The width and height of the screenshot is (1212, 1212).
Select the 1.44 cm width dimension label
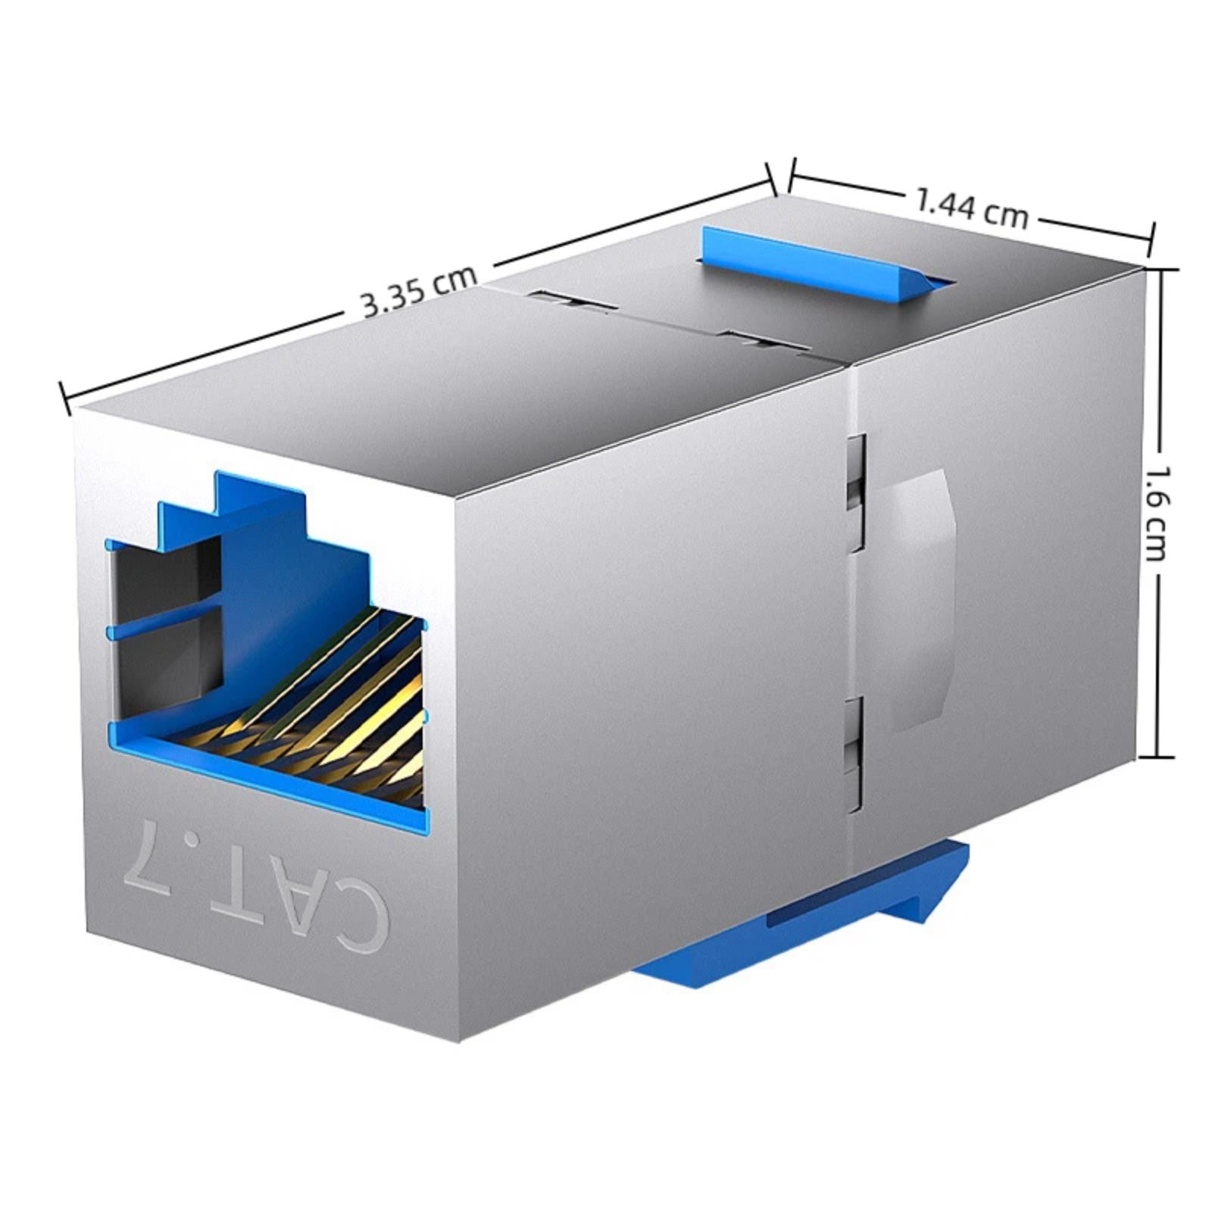972,208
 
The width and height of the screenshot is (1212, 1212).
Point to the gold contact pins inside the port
326,697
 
